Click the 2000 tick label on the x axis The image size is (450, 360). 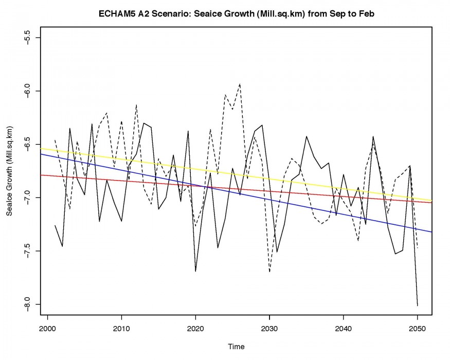point(47,329)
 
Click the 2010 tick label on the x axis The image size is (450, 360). point(121,329)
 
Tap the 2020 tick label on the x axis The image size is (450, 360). point(195,329)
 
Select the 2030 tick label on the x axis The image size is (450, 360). point(269,329)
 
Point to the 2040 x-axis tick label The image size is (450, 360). point(344,329)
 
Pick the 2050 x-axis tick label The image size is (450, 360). point(417,329)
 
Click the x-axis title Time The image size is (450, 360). point(237,347)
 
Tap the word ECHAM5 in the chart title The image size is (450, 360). point(116,14)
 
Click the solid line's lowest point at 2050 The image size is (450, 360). point(417,305)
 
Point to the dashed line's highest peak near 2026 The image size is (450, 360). point(240,83)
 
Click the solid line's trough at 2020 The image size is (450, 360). point(195,271)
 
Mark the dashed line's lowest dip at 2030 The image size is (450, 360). point(269,272)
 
